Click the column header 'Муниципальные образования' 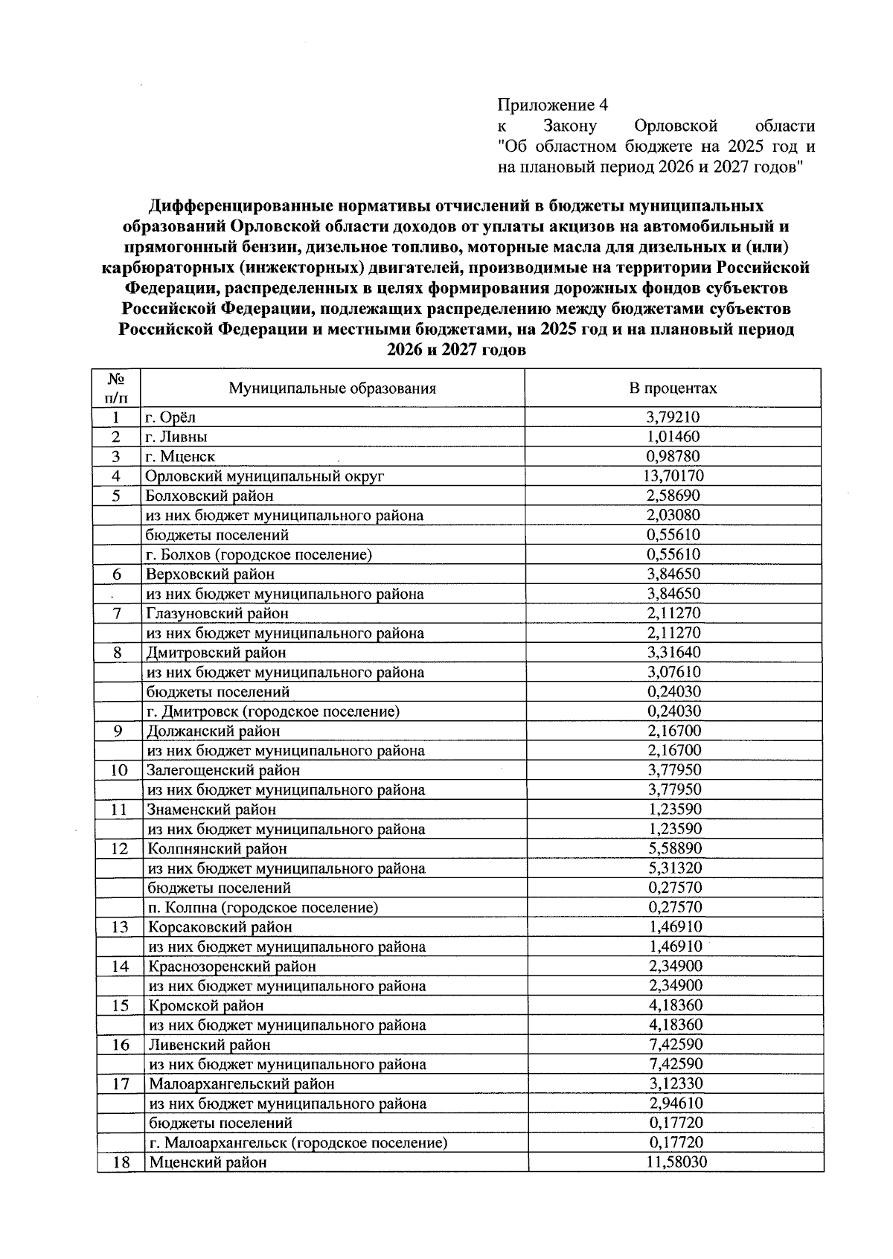tap(332, 388)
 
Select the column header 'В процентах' tap(673, 388)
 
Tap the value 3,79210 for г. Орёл tap(673, 417)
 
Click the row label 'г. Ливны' tap(176, 437)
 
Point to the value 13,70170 tap(673, 476)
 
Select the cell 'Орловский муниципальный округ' tap(265, 476)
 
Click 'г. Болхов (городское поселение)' tap(259, 554)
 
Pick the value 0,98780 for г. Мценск tap(673, 457)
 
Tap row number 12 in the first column tap(119, 849)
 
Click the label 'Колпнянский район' tap(217, 849)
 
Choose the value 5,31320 tap(674, 868)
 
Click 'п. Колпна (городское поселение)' tap(263, 908)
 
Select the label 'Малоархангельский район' tap(242, 1084)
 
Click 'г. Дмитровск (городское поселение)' tap(273, 711)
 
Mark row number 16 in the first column tap(121, 1045)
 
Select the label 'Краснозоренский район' tap(232, 967)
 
